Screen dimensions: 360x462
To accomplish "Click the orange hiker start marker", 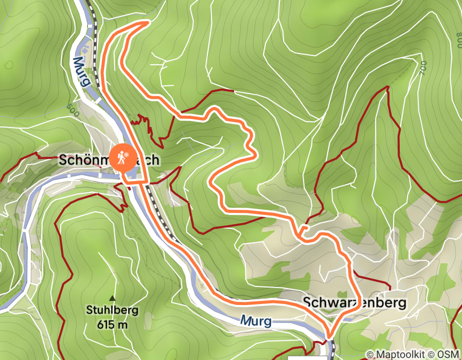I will pos(122,158).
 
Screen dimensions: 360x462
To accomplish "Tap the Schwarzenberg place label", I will pos(354,302).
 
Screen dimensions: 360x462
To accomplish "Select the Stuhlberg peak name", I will pos(112,310).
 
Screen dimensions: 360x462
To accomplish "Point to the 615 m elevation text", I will pos(112,325).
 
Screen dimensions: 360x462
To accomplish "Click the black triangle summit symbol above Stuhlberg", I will pos(112,298).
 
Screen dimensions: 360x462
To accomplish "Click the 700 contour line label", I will pos(423,68).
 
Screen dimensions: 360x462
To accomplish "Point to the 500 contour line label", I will pos(73,110).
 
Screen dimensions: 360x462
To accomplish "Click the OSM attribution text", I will pos(448,354).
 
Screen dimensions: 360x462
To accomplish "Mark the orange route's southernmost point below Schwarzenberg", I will pos(328,337).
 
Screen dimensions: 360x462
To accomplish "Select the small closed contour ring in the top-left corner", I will pos(9,65).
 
